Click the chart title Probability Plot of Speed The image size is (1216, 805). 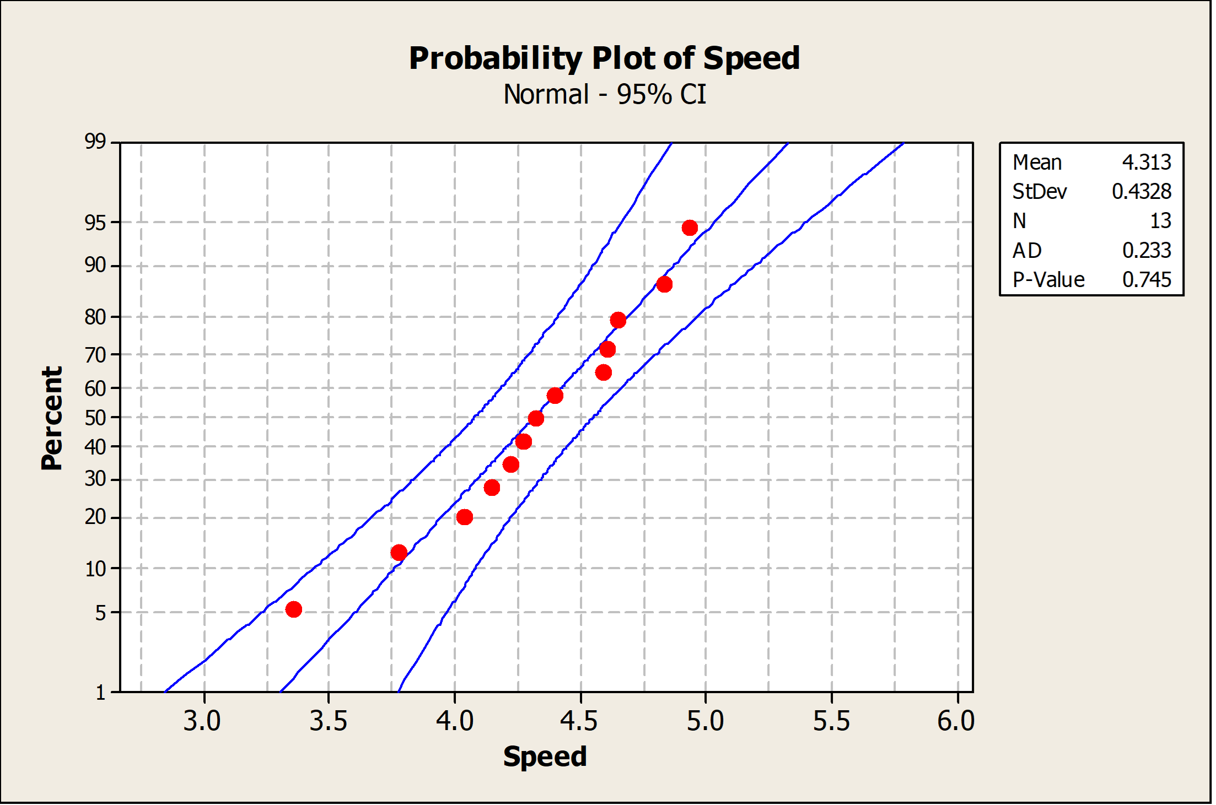(604, 58)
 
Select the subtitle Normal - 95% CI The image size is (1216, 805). (604, 94)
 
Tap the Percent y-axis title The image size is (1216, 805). (52, 418)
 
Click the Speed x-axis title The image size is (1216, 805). (545, 756)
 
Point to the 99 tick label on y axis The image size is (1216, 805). (95, 142)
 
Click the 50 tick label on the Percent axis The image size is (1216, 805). (95, 418)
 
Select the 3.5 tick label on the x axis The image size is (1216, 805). (328, 721)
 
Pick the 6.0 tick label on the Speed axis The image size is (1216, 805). (956, 721)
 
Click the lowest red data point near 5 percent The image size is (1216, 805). (294, 609)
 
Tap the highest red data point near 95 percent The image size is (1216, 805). (690, 228)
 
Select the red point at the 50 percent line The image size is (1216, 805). (536, 418)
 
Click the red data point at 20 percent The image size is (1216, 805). (465, 517)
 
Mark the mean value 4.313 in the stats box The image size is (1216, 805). (1146, 162)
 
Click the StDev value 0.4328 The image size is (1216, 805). (1141, 191)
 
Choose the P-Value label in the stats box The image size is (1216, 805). (1048, 280)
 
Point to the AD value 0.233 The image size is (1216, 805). (1146, 250)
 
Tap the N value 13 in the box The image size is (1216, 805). (1160, 221)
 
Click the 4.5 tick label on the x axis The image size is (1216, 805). (579, 721)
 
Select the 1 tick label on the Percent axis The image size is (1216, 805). (100, 692)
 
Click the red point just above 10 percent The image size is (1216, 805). (399, 552)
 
